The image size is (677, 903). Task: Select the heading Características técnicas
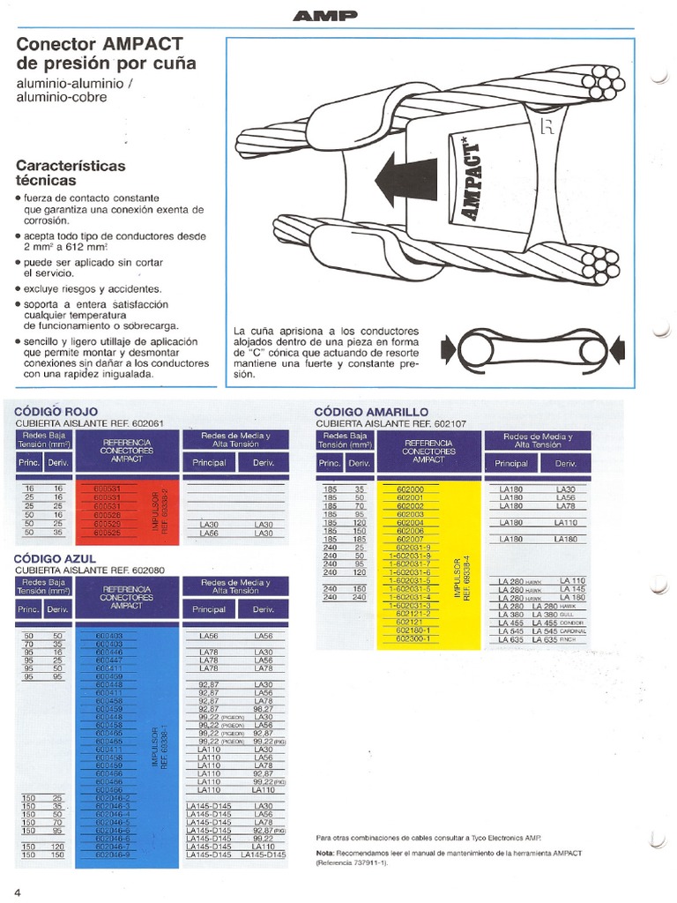[71, 172]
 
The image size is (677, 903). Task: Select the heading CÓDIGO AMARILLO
[371, 412]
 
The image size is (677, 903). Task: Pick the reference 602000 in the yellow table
[411, 489]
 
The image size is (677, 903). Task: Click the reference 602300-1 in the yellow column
[413, 639]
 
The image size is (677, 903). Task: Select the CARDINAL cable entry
[595, 631]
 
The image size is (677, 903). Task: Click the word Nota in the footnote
[324, 854]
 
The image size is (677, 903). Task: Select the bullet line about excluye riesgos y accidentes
[92, 288]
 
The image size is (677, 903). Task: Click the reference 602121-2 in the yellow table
[413, 615]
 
